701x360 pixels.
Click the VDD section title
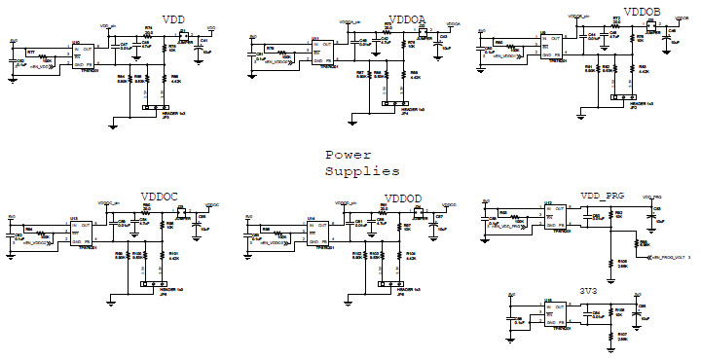pos(173,20)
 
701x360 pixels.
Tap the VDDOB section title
pos(642,13)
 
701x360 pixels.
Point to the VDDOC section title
pos(160,198)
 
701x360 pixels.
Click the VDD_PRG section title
pos(601,196)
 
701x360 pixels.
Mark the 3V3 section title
pos(588,290)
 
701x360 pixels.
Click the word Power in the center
pos(349,156)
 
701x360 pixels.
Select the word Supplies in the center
pos(361,171)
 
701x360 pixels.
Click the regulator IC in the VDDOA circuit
pos(321,49)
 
